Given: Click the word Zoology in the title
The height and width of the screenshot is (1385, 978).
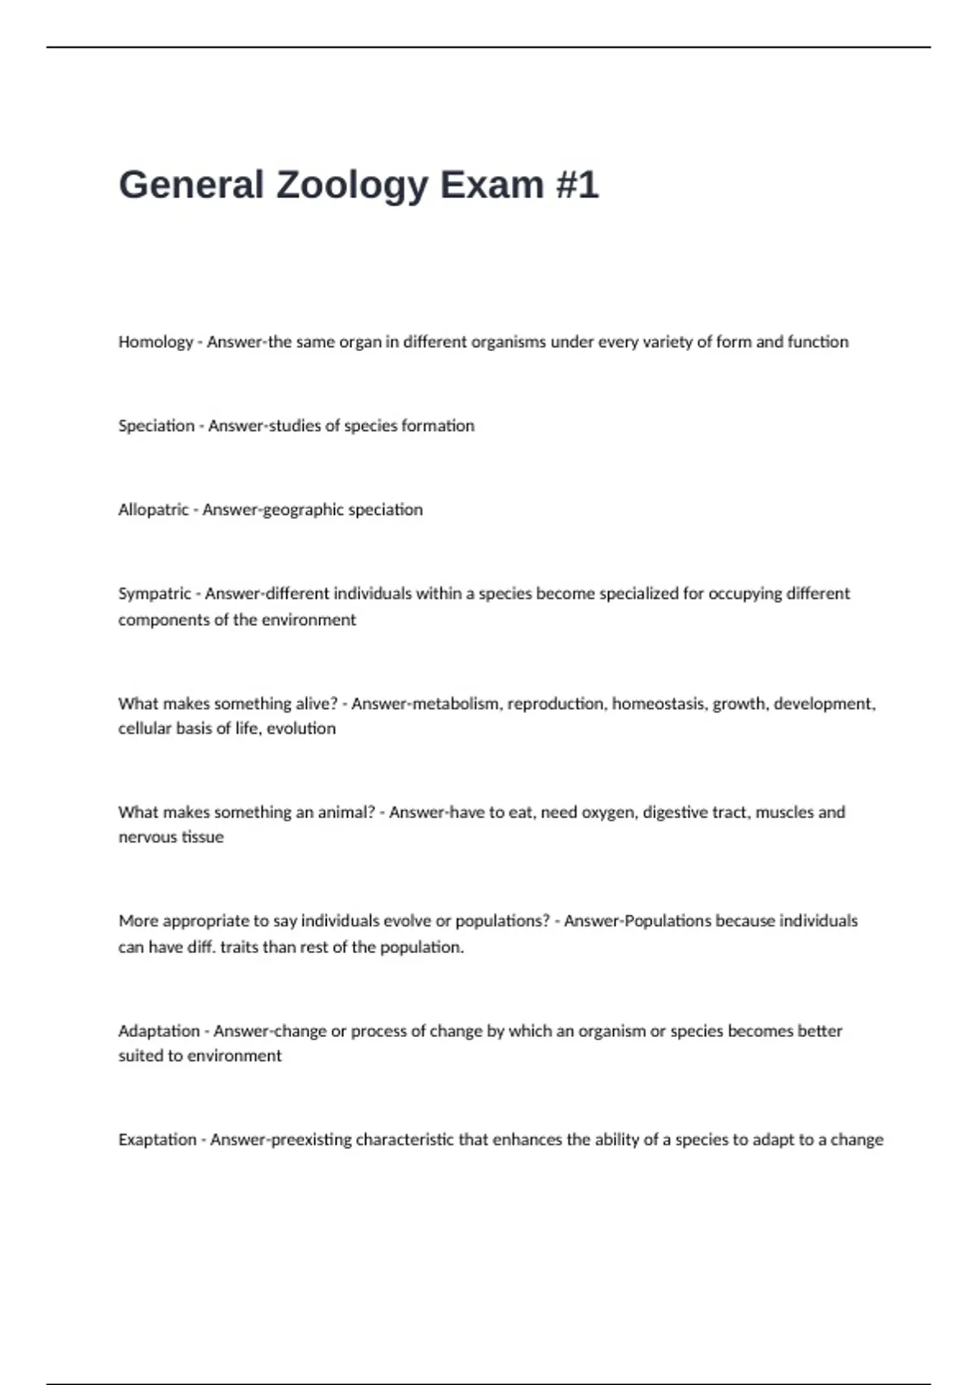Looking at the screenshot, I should click(351, 185).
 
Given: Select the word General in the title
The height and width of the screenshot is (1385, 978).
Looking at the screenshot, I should click(192, 185).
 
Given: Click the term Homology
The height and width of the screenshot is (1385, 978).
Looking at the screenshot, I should click(156, 342).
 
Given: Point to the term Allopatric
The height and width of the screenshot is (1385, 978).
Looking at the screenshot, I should click(153, 510).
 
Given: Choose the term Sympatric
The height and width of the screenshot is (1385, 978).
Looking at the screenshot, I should click(155, 594).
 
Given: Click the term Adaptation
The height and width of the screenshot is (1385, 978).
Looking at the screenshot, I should click(159, 1031).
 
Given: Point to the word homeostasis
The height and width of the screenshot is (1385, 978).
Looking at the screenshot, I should click(659, 704).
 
